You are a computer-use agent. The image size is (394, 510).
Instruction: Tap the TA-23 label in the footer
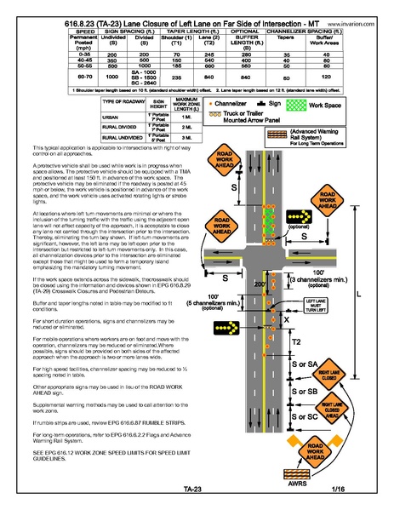[192, 489]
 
